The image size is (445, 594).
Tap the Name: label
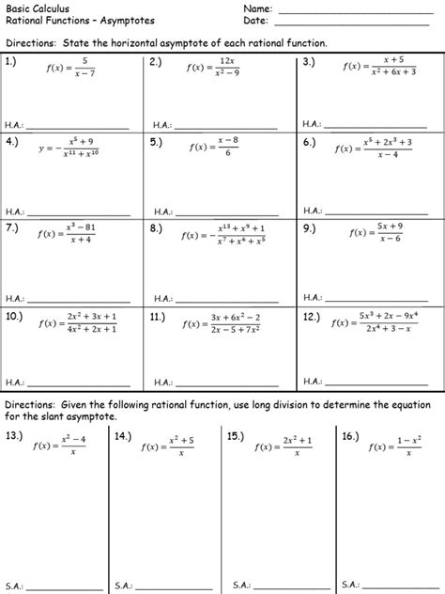[256, 8]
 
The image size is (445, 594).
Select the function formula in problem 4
[70, 148]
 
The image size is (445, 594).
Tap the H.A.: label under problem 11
[161, 383]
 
